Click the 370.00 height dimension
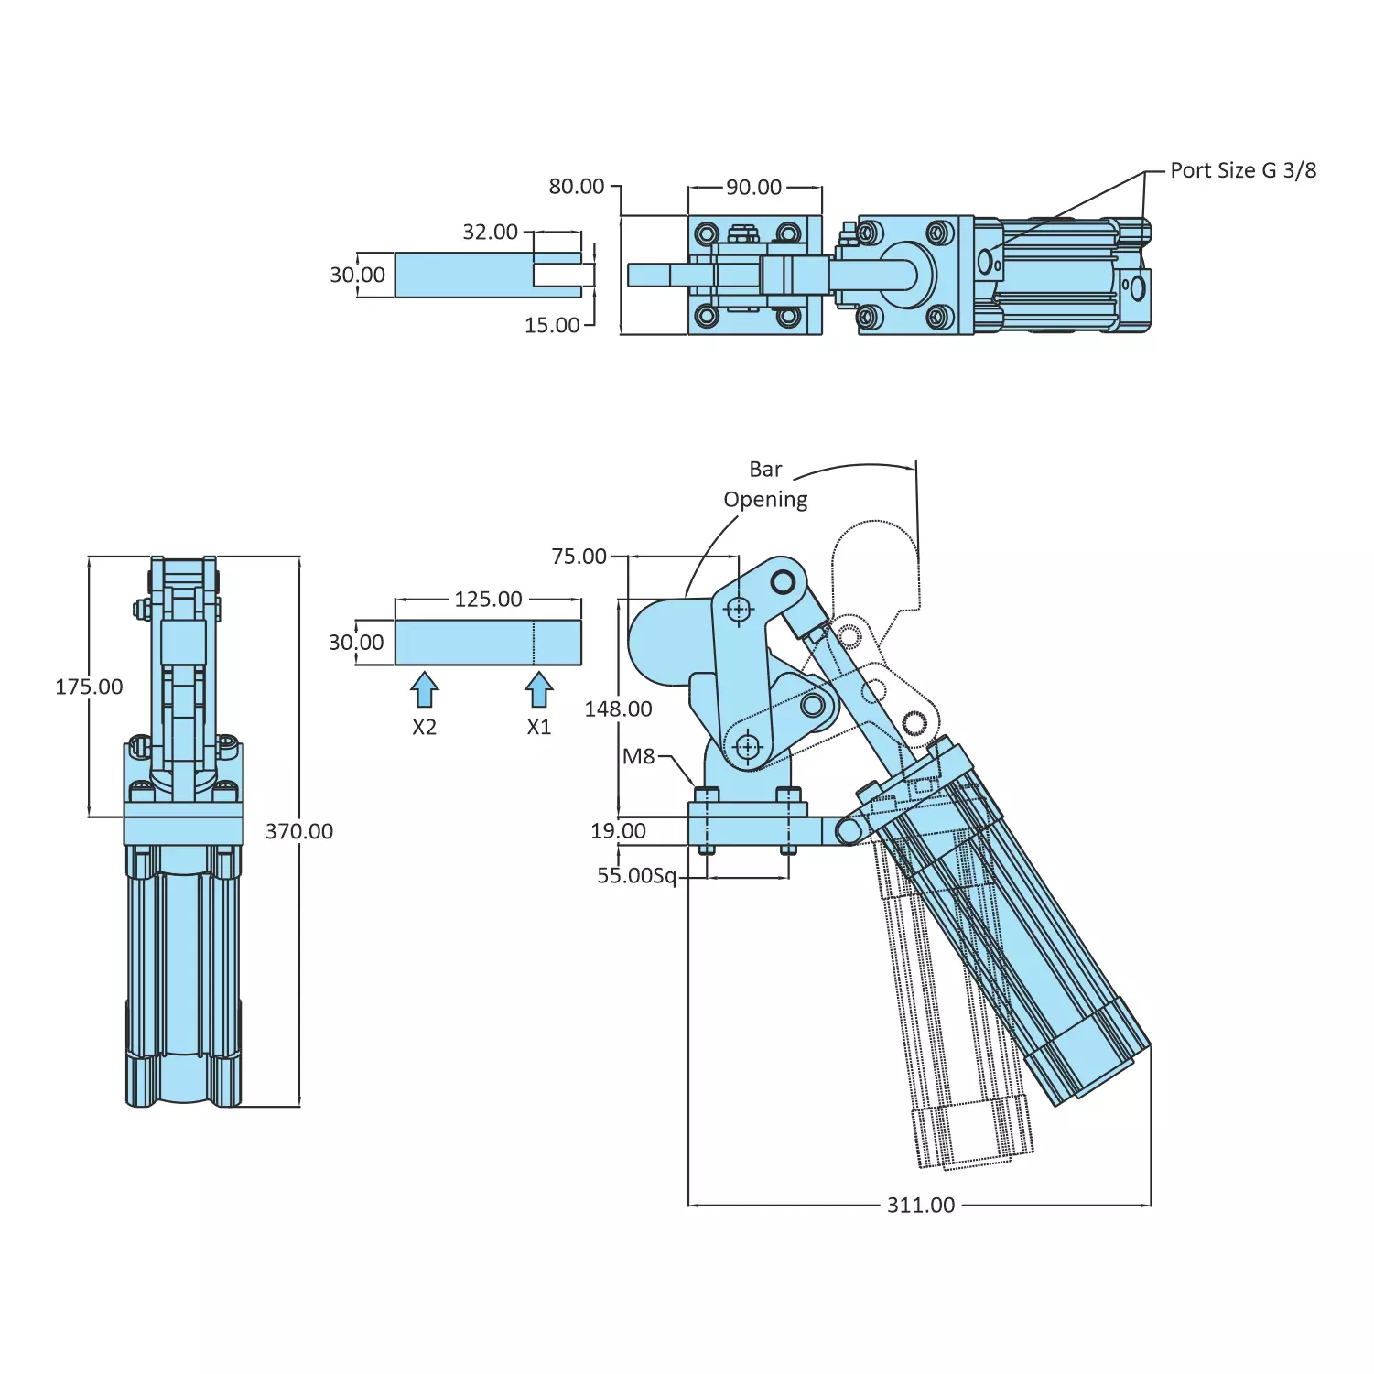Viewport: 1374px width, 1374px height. click(x=299, y=831)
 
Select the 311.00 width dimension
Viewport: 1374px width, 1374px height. click(x=921, y=1205)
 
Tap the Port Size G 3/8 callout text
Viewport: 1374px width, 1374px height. click(x=1243, y=170)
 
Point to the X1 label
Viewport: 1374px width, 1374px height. click(x=539, y=727)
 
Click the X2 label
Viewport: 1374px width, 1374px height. click(x=424, y=727)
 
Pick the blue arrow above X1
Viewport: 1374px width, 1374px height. click(x=539, y=689)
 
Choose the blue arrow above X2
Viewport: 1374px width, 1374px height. click(x=424, y=689)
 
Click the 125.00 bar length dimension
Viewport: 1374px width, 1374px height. click(x=488, y=600)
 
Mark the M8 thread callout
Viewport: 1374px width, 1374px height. click(x=639, y=756)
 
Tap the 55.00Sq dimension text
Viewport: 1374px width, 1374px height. click(x=637, y=876)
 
